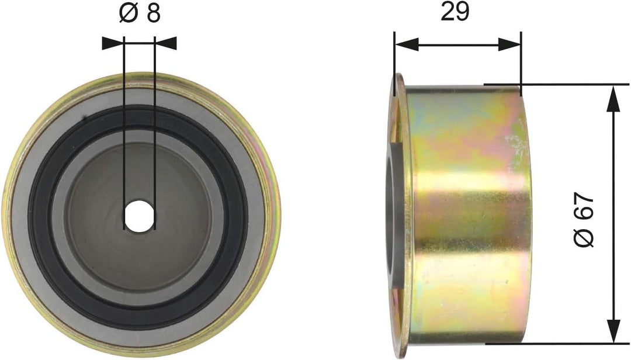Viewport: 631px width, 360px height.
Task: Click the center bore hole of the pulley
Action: click(139, 216)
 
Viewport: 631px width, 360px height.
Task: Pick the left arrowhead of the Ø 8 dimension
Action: click(113, 42)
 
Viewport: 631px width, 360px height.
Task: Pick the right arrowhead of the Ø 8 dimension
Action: click(165, 42)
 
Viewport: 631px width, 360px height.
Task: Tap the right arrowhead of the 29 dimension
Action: click(508, 44)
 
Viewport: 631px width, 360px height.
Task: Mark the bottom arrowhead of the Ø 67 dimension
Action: click(613, 331)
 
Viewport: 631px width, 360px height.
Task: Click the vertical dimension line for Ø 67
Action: click(613, 175)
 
